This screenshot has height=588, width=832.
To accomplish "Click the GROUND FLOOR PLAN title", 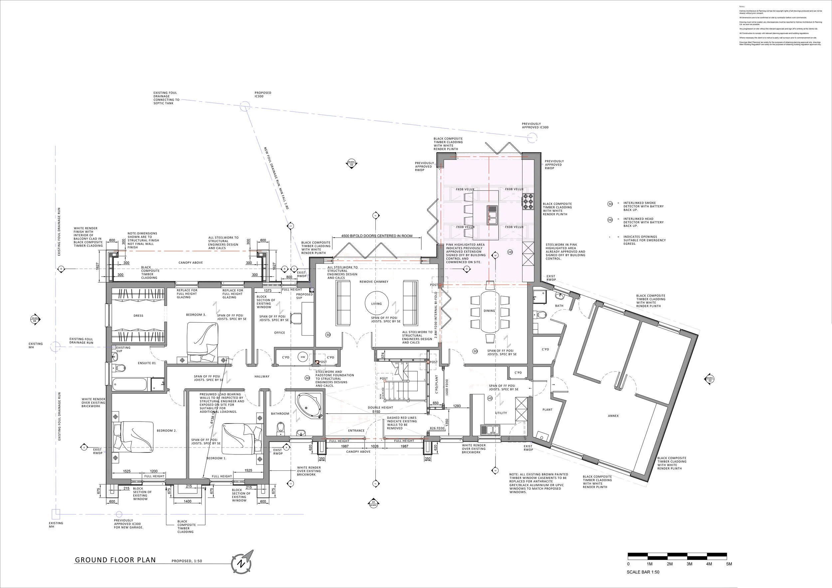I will click(x=115, y=560).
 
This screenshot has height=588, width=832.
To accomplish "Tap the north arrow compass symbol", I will click(x=241, y=563).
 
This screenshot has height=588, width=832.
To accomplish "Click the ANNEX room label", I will click(x=613, y=416).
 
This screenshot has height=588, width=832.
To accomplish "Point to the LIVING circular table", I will click(x=376, y=304).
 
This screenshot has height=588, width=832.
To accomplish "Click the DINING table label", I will click(x=489, y=311).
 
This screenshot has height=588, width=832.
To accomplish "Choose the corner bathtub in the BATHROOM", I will click(x=309, y=406).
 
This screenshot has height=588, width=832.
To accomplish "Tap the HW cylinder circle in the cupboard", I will click(x=303, y=357).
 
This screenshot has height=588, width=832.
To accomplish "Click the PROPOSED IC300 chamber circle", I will click(x=245, y=106).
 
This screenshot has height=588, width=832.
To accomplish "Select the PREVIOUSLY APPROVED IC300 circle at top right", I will click(x=531, y=138).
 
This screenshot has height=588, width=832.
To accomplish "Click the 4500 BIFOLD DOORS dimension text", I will click(x=376, y=236).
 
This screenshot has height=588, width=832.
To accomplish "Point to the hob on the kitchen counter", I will click(x=527, y=202).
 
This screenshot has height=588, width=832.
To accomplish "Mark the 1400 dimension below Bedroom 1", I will click(x=187, y=501).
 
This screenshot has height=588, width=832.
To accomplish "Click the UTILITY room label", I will click(x=501, y=413).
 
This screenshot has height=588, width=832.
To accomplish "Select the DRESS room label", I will click(x=138, y=316).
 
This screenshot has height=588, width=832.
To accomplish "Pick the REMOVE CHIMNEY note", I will click(x=374, y=282).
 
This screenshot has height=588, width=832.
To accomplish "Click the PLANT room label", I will click(x=547, y=410).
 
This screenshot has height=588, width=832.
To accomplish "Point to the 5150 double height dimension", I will click(x=376, y=412).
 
